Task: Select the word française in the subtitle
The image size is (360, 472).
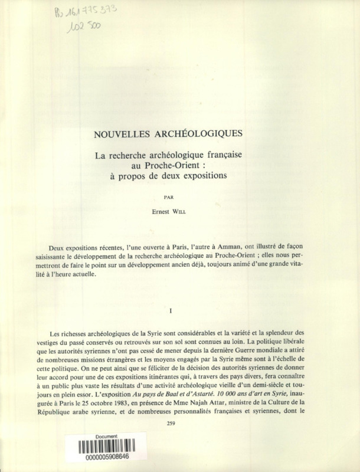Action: click(x=223, y=155)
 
